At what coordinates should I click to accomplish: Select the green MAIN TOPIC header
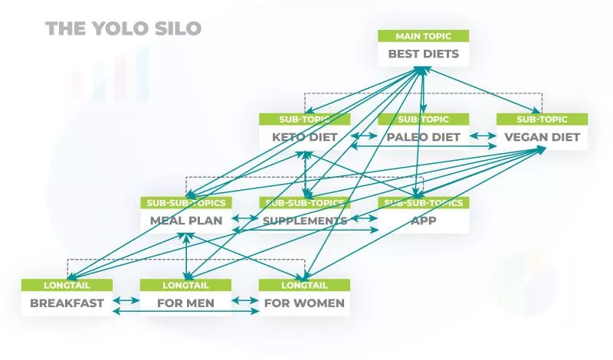point(423,36)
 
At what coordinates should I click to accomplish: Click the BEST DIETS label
point(423,54)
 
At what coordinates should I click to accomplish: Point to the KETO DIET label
point(304,138)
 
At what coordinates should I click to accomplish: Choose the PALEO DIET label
point(423,138)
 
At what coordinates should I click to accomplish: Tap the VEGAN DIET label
point(542,138)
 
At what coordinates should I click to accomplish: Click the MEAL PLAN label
point(185,221)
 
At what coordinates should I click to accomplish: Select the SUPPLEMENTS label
point(304,221)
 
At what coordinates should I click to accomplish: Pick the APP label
point(423,221)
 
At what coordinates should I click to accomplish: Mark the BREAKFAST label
point(67,303)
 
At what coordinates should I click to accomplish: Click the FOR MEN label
point(185,303)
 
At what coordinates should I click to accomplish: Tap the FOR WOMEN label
point(304,303)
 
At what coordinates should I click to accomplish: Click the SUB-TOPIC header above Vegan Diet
point(542,119)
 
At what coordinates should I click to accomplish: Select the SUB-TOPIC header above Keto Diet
point(304,119)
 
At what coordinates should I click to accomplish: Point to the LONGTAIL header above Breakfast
point(67,285)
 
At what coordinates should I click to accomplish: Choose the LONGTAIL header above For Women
point(304,285)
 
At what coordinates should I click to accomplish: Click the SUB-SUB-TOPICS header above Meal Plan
point(185,203)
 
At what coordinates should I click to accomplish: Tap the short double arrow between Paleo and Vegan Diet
point(483,136)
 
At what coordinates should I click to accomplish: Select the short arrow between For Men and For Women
point(245,299)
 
